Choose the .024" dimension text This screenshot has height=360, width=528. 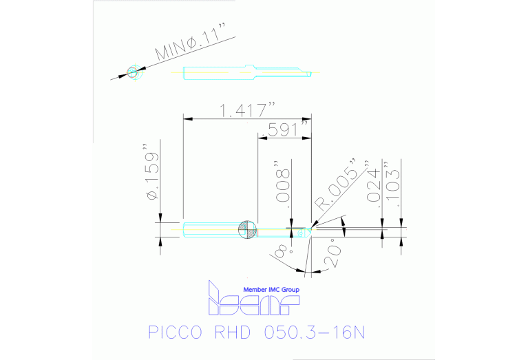click(x=374, y=185)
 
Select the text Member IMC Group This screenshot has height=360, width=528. click(x=272, y=290)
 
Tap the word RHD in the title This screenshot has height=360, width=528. click(x=237, y=333)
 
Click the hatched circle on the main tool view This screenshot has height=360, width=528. click(x=246, y=231)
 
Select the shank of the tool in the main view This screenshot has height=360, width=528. click(x=210, y=230)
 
